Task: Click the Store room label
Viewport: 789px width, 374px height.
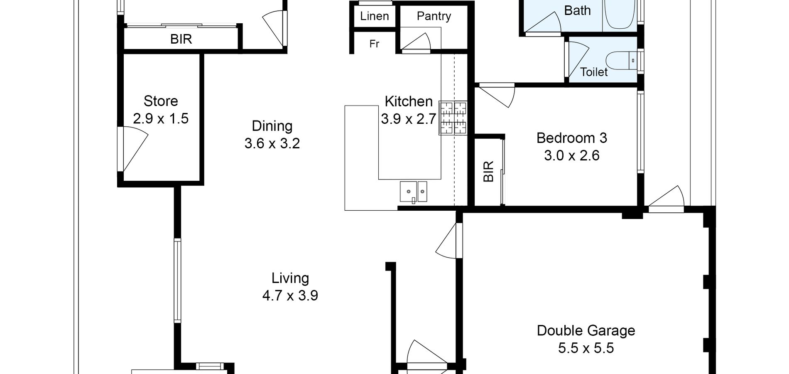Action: click(161, 101)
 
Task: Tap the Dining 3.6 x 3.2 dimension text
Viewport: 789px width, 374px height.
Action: click(272, 144)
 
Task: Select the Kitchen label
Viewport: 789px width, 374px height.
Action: click(409, 101)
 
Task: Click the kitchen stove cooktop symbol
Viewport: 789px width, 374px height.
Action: click(453, 118)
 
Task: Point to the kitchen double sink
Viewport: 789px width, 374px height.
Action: click(413, 192)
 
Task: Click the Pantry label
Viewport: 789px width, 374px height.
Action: click(434, 16)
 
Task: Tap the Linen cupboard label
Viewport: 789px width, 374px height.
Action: click(375, 16)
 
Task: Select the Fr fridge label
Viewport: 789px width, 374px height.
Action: click(374, 44)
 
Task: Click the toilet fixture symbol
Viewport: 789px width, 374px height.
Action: click(621, 61)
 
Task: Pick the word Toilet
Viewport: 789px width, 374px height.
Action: click(594, 72)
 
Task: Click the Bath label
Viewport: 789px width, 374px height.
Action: click(577, 10)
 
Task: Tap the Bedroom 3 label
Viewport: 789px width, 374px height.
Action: click(572, 138)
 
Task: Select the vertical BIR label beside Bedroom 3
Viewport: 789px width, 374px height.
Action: click(489, 171)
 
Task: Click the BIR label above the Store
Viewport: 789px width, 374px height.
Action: click(181, 39)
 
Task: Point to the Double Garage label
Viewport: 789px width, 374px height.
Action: click(586, 331)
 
